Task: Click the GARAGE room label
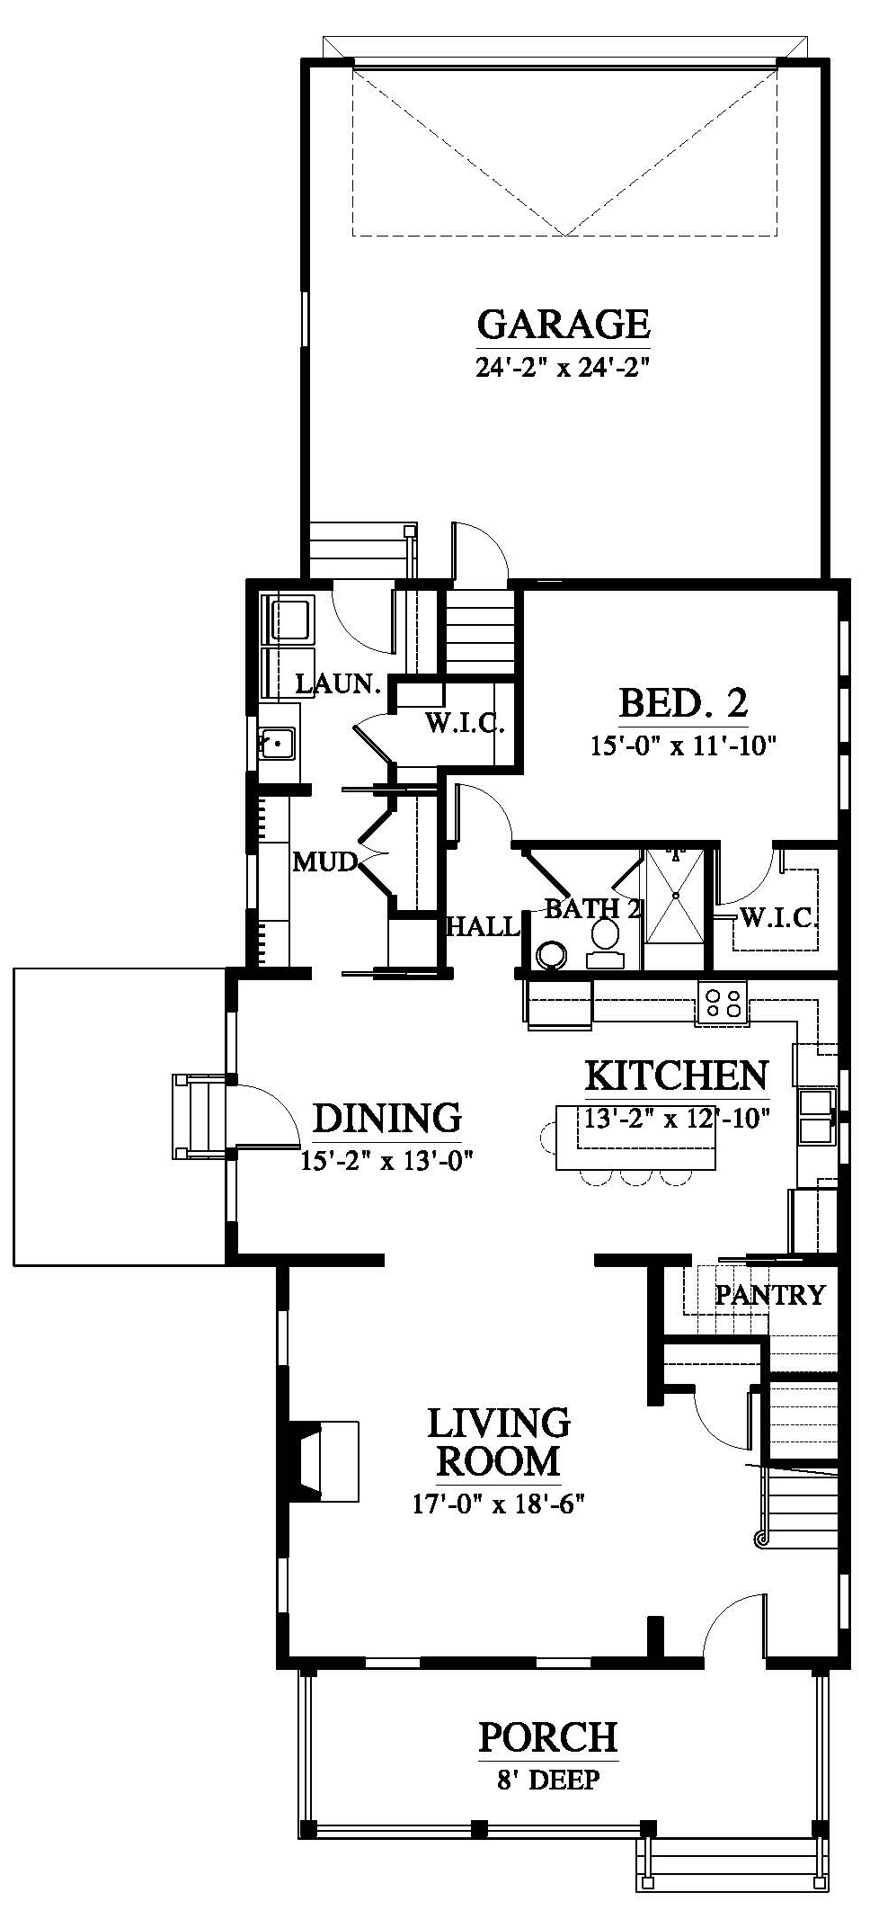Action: (x=564, y=324)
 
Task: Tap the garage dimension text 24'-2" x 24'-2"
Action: (x=564, y=368)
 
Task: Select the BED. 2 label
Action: (x=683, y=703)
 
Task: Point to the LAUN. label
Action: (x=337, y=684)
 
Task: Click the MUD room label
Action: (x=325, y=862)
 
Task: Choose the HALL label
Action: (x=484, y=926)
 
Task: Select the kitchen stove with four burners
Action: (x=722, y=1003)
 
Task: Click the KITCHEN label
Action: (x=677, y=1076)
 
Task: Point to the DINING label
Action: (x=387, y=1118)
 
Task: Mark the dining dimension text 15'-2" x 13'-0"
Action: (x=387, y=1161)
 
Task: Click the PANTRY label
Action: (x=769, y=1295)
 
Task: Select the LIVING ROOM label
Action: (x=499, y=1442)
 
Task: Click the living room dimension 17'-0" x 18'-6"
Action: (x=499, y=1504)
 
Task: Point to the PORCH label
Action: (x=548, y=1737)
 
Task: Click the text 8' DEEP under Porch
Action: (x=548, y=1779)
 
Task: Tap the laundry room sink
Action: (x=278, y=744)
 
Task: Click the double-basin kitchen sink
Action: (x=816, y=1116)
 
